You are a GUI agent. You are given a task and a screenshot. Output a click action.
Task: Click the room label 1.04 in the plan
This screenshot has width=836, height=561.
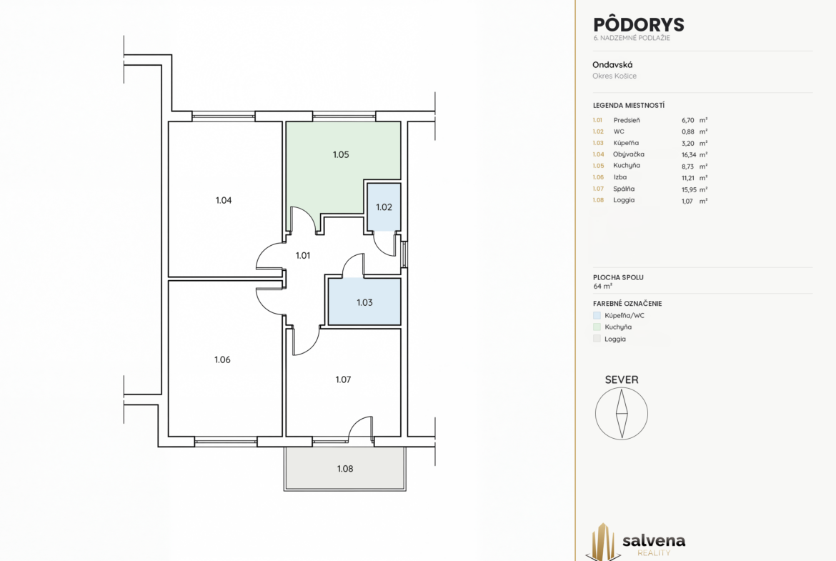pos(224,201)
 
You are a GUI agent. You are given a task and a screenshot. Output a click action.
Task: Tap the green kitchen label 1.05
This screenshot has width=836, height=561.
pos(341,154)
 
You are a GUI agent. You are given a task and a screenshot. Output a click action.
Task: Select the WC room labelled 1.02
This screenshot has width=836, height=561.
pos(384,207)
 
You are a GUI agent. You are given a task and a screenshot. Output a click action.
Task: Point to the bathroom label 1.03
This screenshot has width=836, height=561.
pos(364,303)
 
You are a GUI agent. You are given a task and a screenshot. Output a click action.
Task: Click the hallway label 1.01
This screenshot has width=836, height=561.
pos(303,256)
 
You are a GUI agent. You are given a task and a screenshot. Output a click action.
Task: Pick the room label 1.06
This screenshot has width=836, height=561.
pos(222,360)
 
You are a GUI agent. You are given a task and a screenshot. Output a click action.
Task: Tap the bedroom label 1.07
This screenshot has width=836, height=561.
pos(343,379)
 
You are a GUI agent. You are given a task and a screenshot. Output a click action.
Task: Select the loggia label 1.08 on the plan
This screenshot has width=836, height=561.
pos(345,469)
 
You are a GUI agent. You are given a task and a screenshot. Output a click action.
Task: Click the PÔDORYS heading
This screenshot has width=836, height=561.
pos(639,24)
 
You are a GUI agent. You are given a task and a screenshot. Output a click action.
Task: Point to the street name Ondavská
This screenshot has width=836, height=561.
pos(612,64)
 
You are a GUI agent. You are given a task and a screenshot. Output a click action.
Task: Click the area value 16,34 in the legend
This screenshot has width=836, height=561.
pos(689,155)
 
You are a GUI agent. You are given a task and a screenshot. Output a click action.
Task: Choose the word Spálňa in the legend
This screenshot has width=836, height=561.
pos(624,189)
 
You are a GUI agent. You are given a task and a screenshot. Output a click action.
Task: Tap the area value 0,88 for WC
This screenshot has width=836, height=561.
pos(688,131)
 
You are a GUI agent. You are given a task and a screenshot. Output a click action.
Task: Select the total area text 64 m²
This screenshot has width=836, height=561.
pos(602,287)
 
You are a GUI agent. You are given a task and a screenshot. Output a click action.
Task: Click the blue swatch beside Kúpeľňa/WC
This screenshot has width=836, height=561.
pos(597,315)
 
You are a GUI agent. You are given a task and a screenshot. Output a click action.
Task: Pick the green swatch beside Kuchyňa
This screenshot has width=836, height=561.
pos(597,327)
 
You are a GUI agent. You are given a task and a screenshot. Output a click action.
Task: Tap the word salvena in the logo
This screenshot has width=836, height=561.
pos(654,541)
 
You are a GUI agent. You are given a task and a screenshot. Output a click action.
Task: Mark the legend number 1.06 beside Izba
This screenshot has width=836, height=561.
pos(598,177)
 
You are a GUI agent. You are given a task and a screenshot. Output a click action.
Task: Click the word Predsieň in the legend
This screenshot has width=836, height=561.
pos(627,121)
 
